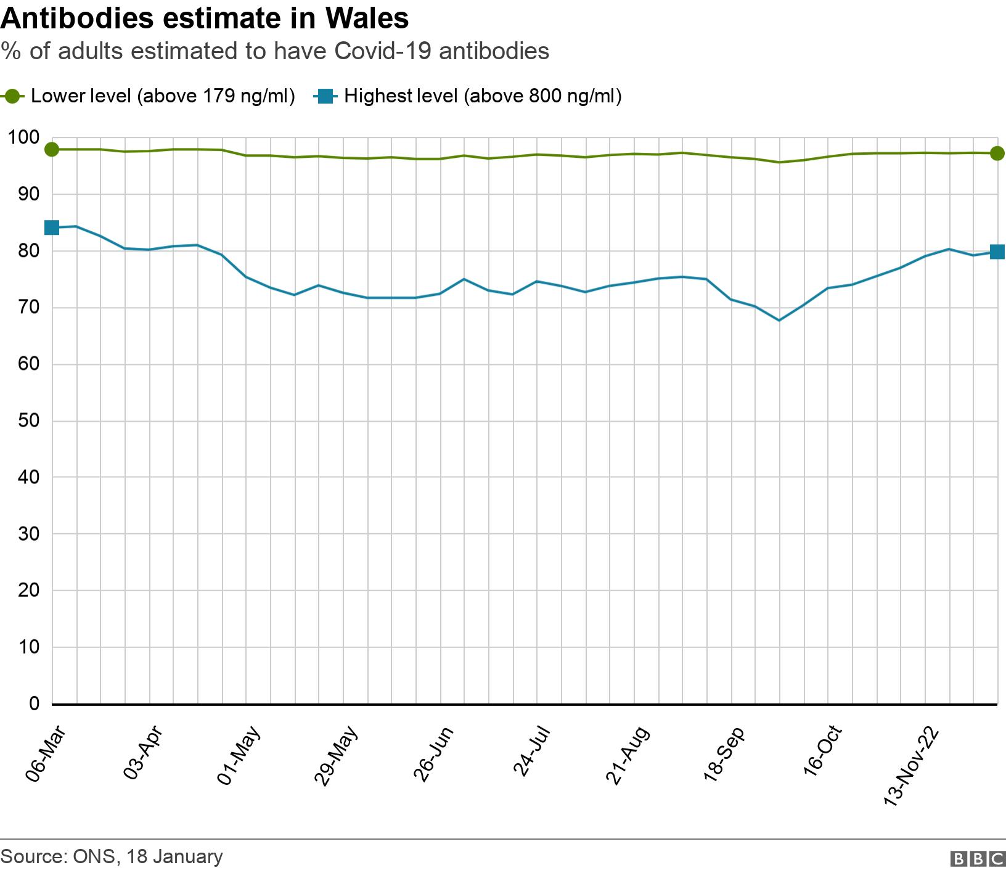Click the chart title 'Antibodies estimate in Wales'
pyautogui.click(x=205, y=18)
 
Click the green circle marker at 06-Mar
pyautogui.click(x=52, y=149)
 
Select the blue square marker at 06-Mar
pyautogui.click(x=52, y=227)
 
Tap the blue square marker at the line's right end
pyautogui.click(x=997, y=252)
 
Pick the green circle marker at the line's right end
pyautogui.click(x=997, y=153)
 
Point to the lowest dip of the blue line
pyautogui.click(x=779, y=320)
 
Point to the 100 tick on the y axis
pyautogui.click(x=24, y=137)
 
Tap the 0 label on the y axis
pyautogui.click(x=34, y=703)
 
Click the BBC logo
pyautogui.click(x=978, y=859)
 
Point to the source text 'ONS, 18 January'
pyautogui.click(x=147, y=856)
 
